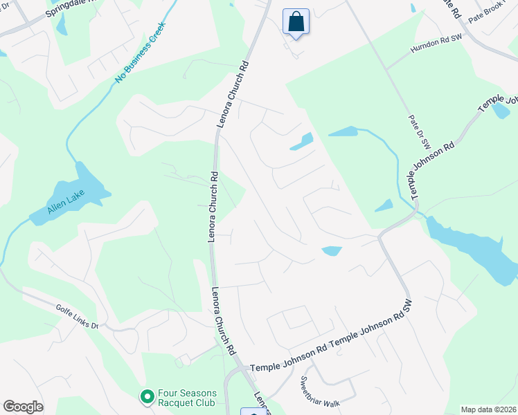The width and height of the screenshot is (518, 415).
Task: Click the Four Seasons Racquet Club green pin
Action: tap(147, 396)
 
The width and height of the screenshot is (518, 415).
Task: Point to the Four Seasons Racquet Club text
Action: tap(187, 398)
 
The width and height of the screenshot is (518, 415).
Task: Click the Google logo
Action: tap(23, 407)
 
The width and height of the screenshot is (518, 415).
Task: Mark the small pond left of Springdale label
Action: tap(62, 26)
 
